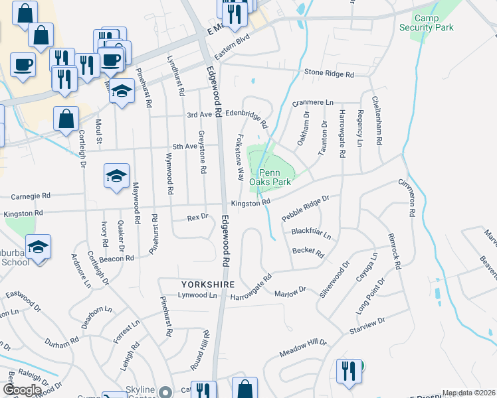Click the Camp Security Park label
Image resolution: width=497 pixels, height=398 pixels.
tap(435, 23)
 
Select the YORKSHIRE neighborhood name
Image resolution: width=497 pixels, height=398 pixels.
tap(208, 283)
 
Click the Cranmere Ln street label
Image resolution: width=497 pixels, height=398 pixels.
tap(313, 103)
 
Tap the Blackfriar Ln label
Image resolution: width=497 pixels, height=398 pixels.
tap(311, 233)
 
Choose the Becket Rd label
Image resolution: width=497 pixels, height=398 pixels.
tap(308, 252)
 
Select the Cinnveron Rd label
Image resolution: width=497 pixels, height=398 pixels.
tap(407, 198)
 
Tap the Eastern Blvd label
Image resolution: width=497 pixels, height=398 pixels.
tap(230, 55)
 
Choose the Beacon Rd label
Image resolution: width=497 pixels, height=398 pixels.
tap(117, 258)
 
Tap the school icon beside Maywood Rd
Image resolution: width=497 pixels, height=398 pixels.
tap(117, 176)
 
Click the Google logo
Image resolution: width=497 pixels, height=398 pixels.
tap(22, 390)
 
